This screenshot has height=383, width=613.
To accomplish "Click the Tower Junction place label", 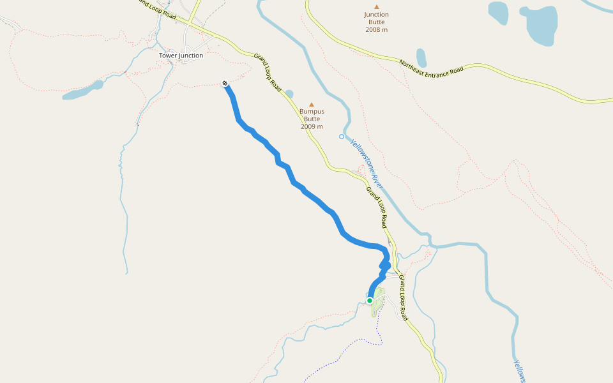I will tap(181, 56).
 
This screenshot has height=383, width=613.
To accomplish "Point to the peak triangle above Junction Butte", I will tap(376, 7).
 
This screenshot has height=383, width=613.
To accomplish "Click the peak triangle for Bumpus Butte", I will tap(312, 104).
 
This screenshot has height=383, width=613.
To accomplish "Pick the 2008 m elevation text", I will tap(376, 30).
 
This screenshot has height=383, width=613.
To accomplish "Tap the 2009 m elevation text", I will tap(312, 126).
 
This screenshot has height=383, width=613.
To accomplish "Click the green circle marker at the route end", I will tap(370, 301).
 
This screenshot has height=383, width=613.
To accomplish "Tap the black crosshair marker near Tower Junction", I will tap(225, 83).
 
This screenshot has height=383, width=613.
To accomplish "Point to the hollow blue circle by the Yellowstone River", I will tap(341, 137).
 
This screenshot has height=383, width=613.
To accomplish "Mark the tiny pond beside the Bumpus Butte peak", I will tap(289, 94).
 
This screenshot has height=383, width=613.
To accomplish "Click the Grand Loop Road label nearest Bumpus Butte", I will tap(268, 73).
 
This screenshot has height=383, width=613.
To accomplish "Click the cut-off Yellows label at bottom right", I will tap(520, 370).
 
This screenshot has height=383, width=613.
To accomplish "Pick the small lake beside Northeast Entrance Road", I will tap(421, 57).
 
